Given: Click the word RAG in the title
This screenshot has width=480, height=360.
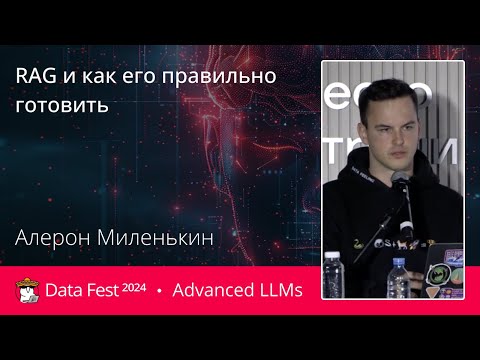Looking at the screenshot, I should click(34, 77).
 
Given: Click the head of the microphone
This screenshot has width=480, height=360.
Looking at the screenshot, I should click(397, 181).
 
